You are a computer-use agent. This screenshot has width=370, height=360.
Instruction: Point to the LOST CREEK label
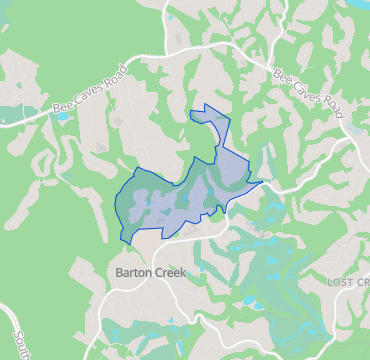coord(348,284)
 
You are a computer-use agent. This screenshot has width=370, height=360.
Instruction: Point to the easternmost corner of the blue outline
coord(263,182)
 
